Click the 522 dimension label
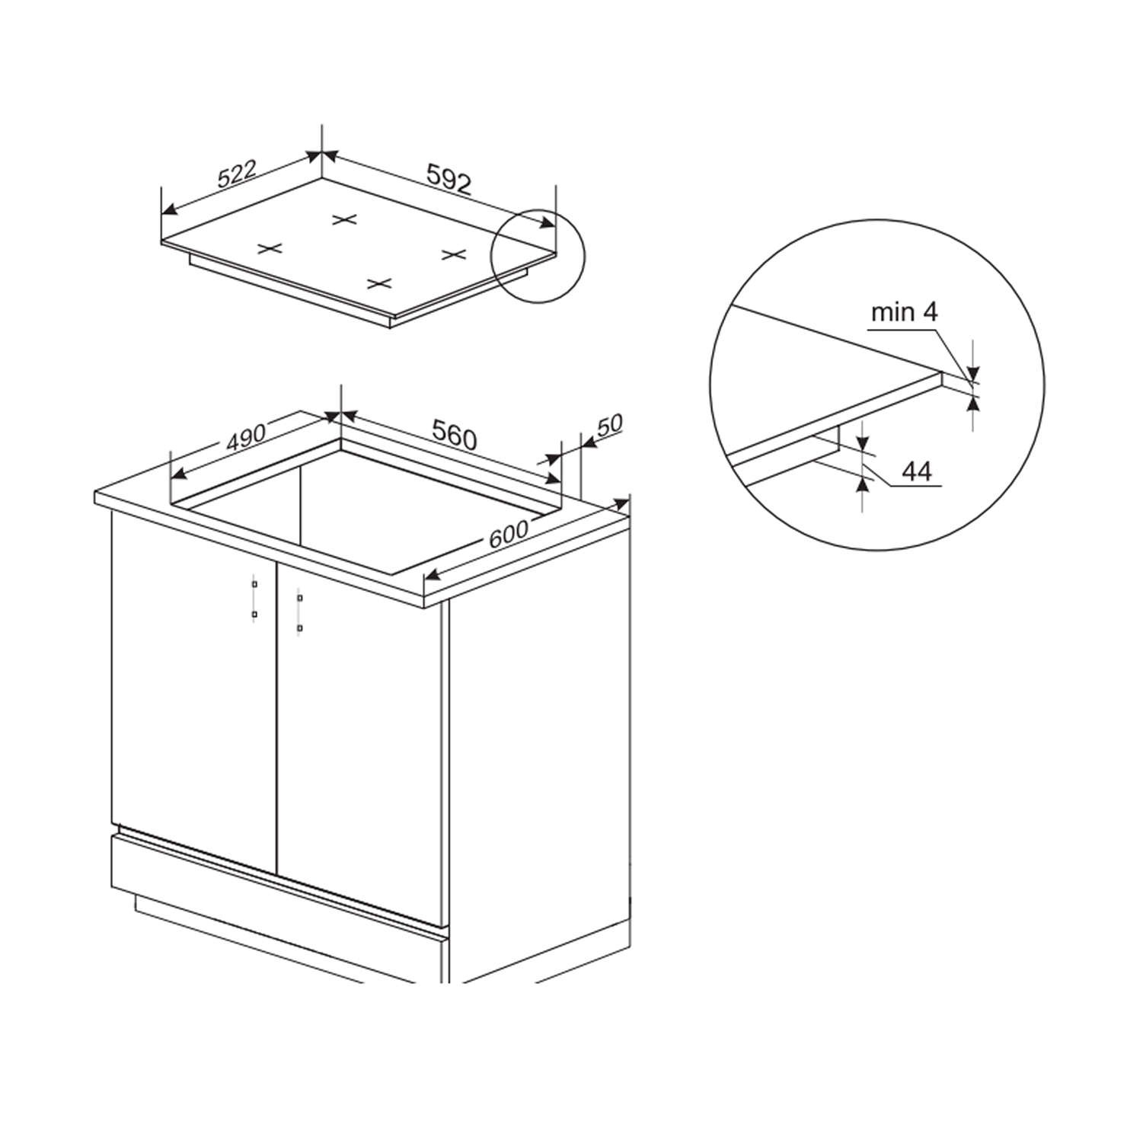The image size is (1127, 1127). [237, 174]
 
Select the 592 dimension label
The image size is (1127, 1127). [449, 180]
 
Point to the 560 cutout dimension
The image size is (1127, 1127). [455, 435]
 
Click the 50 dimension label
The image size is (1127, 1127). [609, 425]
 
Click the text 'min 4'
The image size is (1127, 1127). [904, 312]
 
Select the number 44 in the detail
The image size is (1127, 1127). [917, 472]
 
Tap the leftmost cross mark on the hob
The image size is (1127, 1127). [270, 248]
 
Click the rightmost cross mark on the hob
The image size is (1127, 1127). [454, 254]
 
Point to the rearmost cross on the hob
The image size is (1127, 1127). [345, 219]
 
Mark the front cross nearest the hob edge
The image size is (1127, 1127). [379, 283]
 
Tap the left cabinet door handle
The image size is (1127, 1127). [254, 598]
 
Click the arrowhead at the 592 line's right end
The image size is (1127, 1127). [548, 222]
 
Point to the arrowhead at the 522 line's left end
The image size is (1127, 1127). [169, 209]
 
